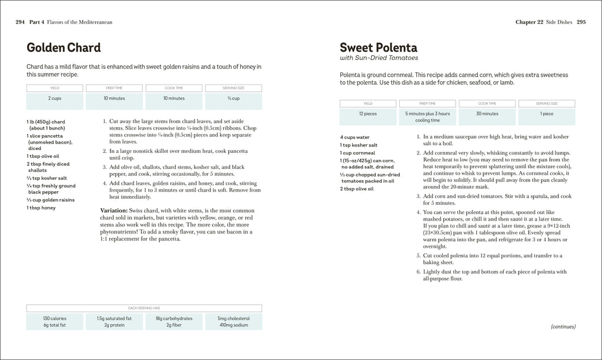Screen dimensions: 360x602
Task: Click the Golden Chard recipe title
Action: click(63, 48)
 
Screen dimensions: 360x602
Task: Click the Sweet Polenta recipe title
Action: click(378, 48)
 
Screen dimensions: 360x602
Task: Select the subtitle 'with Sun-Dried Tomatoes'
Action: click(379, 58)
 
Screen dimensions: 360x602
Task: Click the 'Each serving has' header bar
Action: click(144, 308)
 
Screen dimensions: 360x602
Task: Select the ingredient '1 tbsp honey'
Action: click(41, 208)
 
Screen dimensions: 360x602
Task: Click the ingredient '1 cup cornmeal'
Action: click(357, 153)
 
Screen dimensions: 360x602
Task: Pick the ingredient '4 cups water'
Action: click(355, 137)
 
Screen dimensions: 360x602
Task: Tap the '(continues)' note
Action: click(563, 326)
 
